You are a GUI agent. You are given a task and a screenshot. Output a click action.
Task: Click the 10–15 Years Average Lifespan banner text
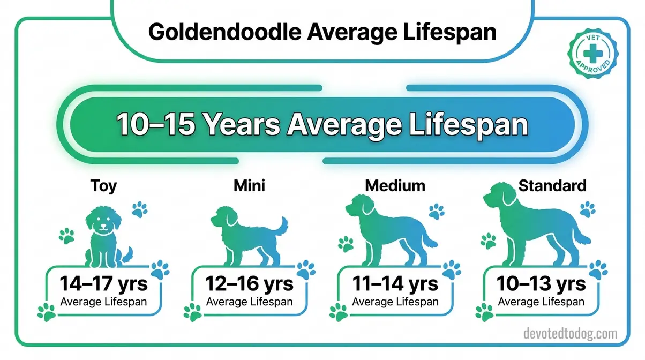click(x=322, y=125)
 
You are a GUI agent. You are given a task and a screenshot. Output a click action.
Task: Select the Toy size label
click(x=103, y=186)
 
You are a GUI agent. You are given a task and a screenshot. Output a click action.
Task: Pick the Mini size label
click(x=249, y=186)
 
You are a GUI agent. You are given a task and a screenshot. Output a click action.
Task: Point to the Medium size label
click(x=395, y=186)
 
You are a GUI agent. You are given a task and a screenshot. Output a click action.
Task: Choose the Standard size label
click(x=552, y=186)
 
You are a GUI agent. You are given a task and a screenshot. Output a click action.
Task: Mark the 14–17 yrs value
click(x=103, y=283)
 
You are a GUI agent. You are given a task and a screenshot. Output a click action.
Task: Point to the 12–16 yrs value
click(x=249, y=283)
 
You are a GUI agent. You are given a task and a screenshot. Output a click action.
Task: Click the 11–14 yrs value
click(x=395, y=283)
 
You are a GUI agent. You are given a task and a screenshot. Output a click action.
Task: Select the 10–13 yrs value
click(x=541, y=283)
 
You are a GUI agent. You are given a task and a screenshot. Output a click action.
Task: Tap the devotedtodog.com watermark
click(x=569, y=334)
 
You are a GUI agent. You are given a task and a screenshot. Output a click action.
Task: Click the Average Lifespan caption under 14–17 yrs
click(x=103, y=302)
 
